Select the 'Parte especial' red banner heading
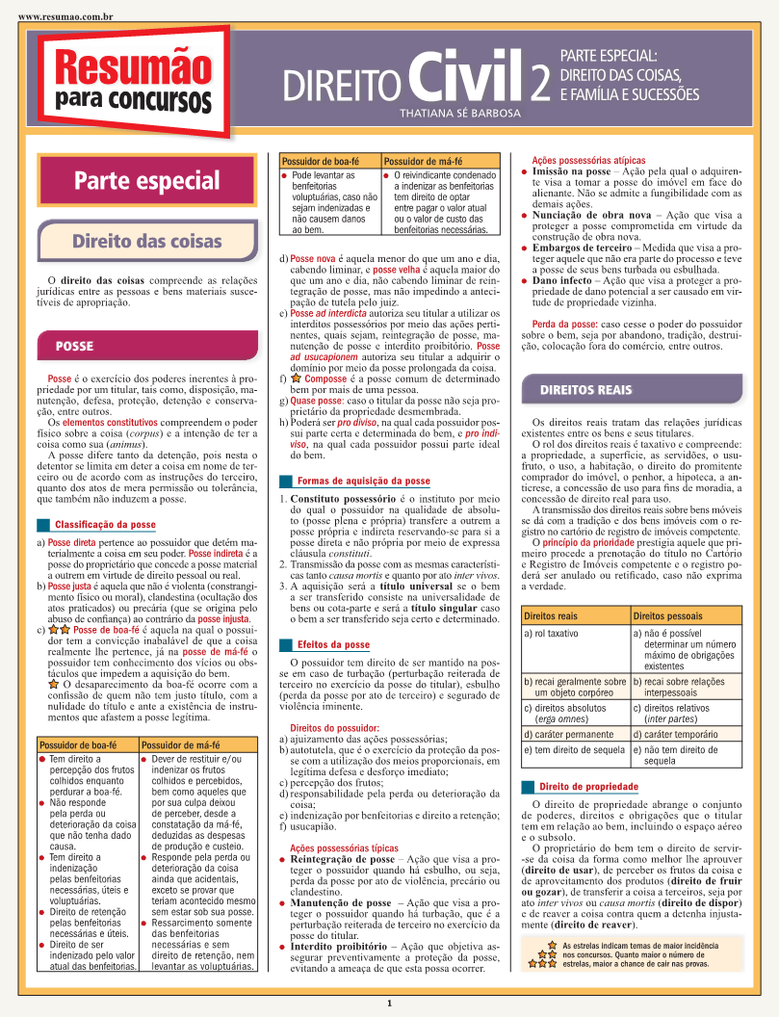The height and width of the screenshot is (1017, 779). (x=146, y=181)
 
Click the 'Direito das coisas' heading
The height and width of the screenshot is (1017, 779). (x=146, y=241)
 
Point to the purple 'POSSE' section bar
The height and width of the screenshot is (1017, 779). (x=74, y=345)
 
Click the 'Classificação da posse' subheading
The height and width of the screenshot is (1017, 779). (x=105, y=525)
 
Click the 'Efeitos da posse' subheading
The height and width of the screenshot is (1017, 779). (x=333, y=644)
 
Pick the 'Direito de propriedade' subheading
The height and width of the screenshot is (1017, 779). (x=588, y=787)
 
